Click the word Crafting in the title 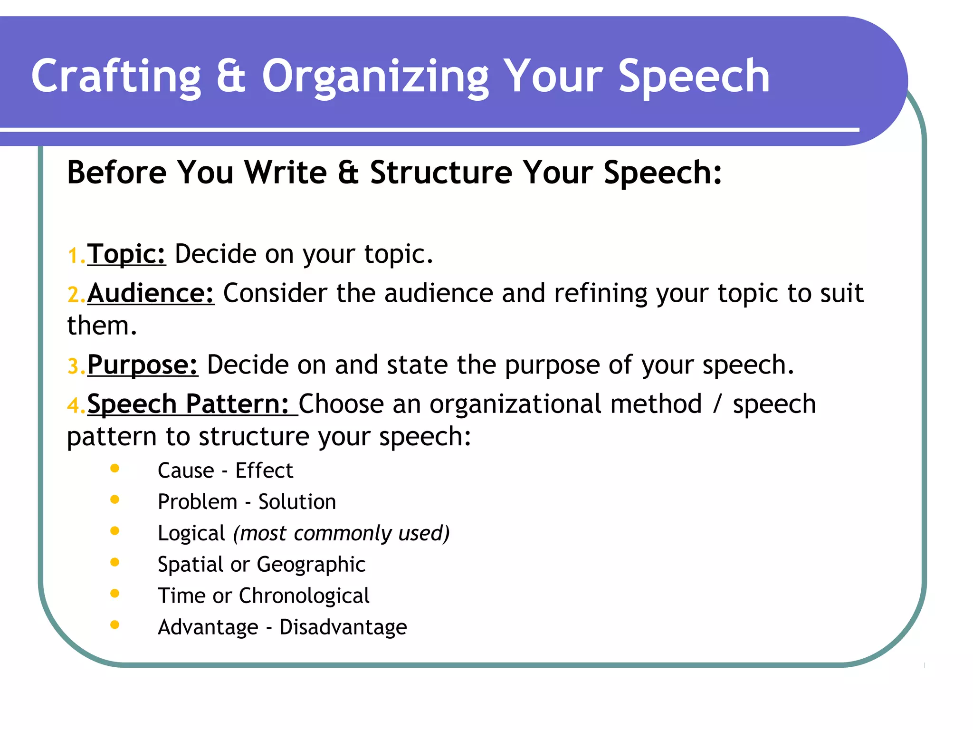click(116, 76)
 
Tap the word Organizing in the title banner click(375, 76)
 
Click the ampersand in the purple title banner click(231, 76)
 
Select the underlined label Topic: click(126, 254)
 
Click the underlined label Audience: click(151, 293)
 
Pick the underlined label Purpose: click(143, 365)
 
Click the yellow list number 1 click(74, 256)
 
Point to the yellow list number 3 click(74, 366)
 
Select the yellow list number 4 click(74, 406)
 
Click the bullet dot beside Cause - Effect click(114, 469)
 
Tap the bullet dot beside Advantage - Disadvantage click(114, 625)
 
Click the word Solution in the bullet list click(297, 502)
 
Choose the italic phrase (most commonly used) click(341, 533)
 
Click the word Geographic click(311, 565)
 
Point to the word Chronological click(304, 596)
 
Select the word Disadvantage click(343, 627)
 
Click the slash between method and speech click(717, 404)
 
